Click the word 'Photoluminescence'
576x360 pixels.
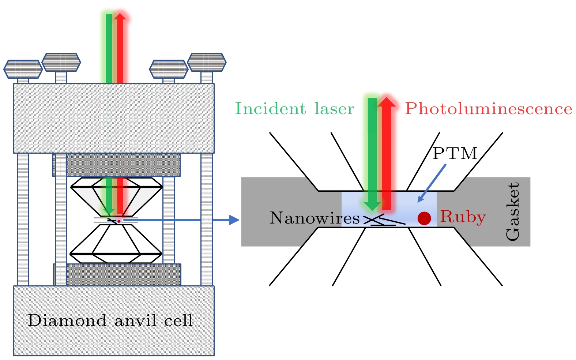[488, 109]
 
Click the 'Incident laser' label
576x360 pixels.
[294, 109]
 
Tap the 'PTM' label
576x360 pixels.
[455, 153]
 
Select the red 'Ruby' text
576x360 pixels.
[463, 217]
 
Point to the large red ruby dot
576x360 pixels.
[424, 218]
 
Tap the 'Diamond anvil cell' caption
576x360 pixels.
[110, 320]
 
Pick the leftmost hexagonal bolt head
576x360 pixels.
[23, 69]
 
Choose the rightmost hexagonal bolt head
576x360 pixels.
[207, 62]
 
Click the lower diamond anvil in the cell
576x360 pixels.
[116, 243]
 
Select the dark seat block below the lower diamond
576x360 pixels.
[117, 274]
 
